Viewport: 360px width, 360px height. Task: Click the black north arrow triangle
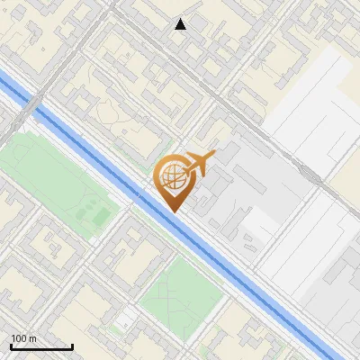click(x=181, y=24)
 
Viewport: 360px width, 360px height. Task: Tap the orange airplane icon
click(x=199, y=164)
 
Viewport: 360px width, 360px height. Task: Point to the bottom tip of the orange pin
click(x=173, y=212)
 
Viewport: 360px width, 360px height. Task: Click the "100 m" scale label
click(x=23, y=338)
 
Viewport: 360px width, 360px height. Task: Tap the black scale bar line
click(x=41, y=347)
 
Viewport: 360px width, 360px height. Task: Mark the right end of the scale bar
click(x=72, y=346)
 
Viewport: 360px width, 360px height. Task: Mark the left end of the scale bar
click(x=11, y=346)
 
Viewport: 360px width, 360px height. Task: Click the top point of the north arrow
click(x=181, y=19)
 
